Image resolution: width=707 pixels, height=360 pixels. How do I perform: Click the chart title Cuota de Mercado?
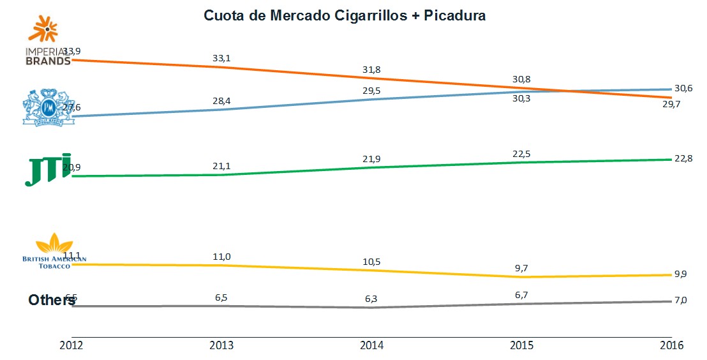pyautogui.click(x=345, y=15)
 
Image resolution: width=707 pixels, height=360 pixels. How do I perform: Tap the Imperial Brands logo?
pyautogui.click(x=47, y=42)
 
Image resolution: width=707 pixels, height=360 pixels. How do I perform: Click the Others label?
pyautogui.click(x=52, y=299)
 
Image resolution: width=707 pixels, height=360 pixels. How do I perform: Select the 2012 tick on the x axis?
pyautogui.click(x=71, y=345)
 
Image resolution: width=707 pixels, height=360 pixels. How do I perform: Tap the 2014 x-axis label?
pyautogui.click(x=371, y=345)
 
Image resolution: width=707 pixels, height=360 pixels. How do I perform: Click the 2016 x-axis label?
pyautogui.click(x=671, y=345)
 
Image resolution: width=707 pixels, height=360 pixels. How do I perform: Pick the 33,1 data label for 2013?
pyautogui.click(x=221, y=58)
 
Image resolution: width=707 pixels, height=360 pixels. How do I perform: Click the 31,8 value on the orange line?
pyautogui.click(x=371, y=69)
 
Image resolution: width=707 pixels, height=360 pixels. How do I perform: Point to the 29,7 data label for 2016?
pyautogui.click(x=671, y=105)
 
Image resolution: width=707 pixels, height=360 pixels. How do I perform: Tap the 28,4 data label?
pyautogui.click(x=221, y=100)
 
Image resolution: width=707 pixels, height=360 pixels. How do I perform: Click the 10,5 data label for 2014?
pyautogui.click(x=371, y=260)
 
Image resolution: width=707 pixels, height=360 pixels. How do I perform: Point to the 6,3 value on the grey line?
pyautogui.click(x=371, y=297)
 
